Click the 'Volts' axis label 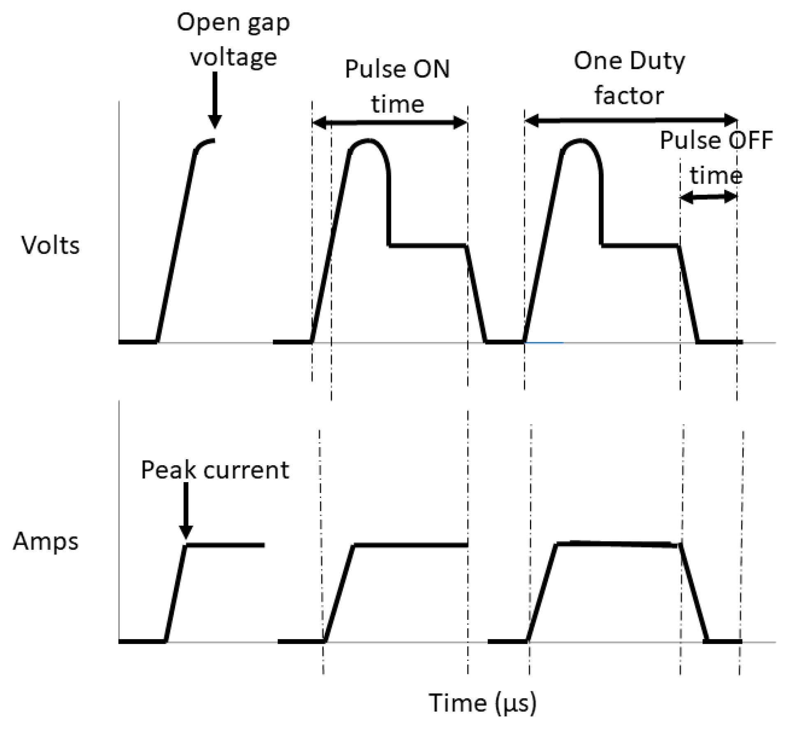coord(50,246)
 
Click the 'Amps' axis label coord(46,541)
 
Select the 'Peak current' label coord(215,470)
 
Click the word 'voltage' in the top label coord(233,58)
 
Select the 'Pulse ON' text coord(397,69)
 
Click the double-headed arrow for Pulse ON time coord(389,122)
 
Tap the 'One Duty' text coord(629,61)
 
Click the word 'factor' coord(629,96)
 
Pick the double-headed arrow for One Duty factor coord(631,120)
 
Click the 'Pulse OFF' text coord(716,141)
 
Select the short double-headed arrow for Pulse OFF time coord(708,198)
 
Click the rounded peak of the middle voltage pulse coord(368,142)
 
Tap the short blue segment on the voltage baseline coord(544,342)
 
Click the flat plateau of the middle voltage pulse coord(428,245)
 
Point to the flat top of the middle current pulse coord(411,545)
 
